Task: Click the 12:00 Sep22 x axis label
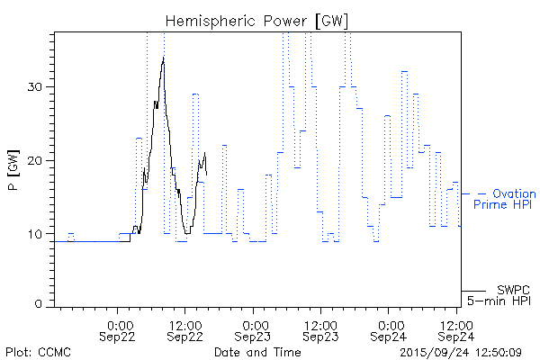[184, 330]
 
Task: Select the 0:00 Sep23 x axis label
[254, 330]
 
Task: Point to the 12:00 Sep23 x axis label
[320, 330]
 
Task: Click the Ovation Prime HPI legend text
[504, 199]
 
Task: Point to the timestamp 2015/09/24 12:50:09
[461, 351]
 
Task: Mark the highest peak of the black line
[163, 58]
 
